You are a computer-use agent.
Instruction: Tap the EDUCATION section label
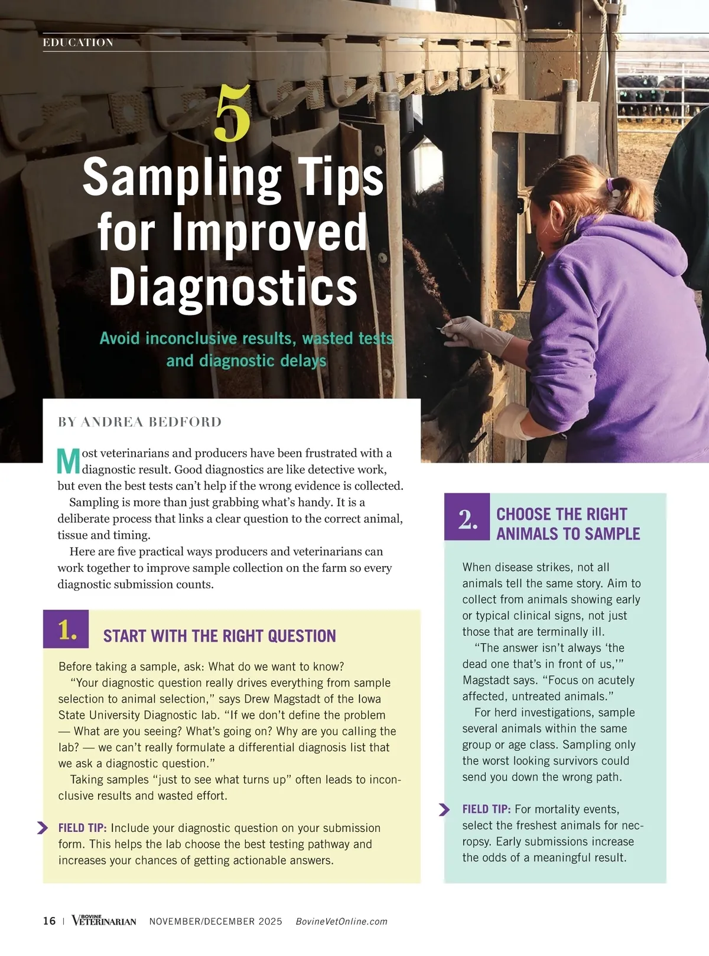pos(78,42)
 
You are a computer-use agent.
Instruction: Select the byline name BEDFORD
pos(185,421)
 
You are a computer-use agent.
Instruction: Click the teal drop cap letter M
pos(69,461)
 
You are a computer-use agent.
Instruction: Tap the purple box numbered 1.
pos(66,629)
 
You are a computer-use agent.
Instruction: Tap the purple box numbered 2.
pos(467,516)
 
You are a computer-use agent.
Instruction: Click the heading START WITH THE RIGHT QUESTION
pos(219,636)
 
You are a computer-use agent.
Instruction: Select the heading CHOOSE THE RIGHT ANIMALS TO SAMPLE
pos(568,523)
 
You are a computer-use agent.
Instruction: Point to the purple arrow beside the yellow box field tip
pos(42,828)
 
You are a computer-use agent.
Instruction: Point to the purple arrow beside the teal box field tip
pos(444,809)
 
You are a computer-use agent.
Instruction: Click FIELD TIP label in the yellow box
pos(82,828)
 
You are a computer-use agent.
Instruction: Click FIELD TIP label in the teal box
pos(486,809)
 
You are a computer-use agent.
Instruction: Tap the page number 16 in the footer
pos(49,921)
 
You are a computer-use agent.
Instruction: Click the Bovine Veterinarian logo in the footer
pos(104,920)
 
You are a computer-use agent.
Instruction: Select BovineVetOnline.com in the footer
pos(342,921)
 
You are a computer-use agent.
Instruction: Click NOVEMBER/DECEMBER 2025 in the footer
pos(216,921)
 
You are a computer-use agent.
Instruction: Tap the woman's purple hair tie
pos(611,186)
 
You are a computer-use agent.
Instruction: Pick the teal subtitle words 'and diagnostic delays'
pos(246,360)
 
